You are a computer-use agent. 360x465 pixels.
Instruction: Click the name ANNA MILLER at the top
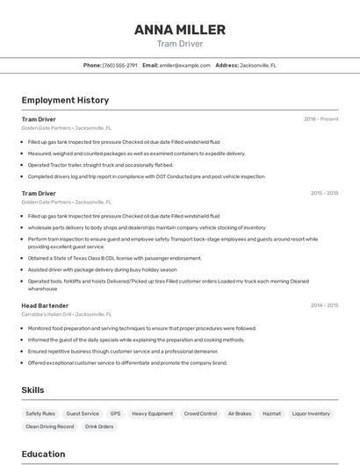[x=180, y=30]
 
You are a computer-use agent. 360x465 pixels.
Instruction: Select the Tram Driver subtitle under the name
[x=180, y=43]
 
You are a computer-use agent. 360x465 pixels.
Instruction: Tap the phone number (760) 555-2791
[x=119, y=65]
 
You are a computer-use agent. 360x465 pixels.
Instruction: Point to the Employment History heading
[x=65, y=100]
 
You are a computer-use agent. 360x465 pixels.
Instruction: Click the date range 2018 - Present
[x=321, y=118]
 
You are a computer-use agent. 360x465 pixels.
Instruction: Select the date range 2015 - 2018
[x=324, y=193]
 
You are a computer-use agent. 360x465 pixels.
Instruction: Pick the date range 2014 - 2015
[x=324, y=305]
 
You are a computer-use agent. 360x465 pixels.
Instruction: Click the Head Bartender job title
[x=44, y=305]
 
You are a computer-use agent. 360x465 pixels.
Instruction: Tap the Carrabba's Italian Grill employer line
[x=67, y=314]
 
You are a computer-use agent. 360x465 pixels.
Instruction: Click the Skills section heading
[x=32, y=390]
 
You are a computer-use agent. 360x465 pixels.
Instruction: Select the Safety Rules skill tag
[x=40, y=413]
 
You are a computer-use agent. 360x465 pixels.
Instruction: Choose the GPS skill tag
[x=115, y=413]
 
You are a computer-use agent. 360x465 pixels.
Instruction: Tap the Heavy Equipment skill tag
[x=153, y=413]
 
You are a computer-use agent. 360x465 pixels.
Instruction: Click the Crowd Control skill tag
[x=200, y=413]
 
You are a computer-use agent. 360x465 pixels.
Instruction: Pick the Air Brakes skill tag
[x=240, y=413]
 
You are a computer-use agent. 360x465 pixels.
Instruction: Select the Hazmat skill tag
[x=272, y=413]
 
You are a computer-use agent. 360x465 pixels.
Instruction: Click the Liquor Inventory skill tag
[x=311, y=413]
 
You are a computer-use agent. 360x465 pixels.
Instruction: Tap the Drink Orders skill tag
[x=99, y=426]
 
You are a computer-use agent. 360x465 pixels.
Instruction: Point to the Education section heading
[x=44, y=454]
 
